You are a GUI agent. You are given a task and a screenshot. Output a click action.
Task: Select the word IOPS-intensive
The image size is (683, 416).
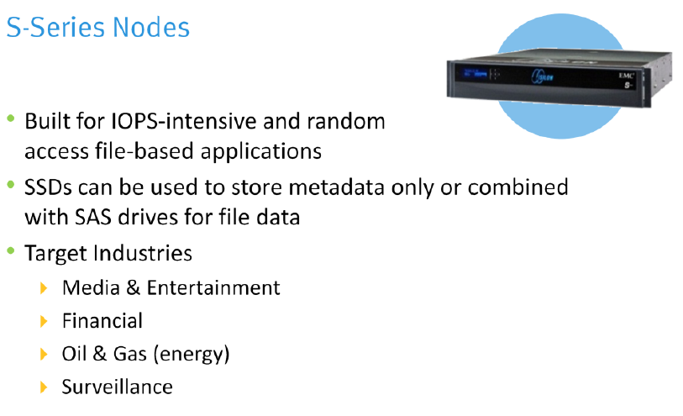click(159, 121)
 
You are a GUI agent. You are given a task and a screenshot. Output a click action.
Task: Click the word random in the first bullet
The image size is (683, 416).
click(347, 121)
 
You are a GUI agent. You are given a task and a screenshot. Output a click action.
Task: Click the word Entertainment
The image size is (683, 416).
click(213, 287)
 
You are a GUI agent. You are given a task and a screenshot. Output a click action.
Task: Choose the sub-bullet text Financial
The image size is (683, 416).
click(102, 320)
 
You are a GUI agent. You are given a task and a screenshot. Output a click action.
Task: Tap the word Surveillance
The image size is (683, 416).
click(117, 387)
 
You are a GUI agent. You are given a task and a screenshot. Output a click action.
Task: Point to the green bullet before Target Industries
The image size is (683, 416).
click(11, 251)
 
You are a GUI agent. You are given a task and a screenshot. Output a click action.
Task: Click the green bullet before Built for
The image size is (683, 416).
click(11, 119)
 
